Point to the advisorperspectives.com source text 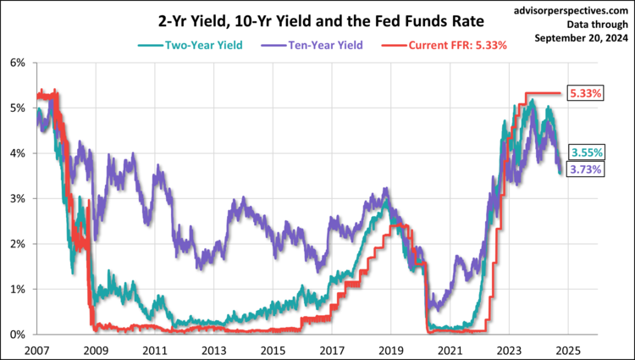click(x=571, y=11)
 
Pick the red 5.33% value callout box click(x=586, y=93)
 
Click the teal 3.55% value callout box click(x=586, y=152)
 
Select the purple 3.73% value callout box click(x=586, y=169)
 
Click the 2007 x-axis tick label click(x=36, y=349)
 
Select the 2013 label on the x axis click(x=213, y=349)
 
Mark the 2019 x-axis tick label click(x=389, y=349)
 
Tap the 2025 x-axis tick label click(x=566, y=349)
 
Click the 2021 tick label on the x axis click(x=449, y=349)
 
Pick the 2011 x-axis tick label click(x=153, y=349)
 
